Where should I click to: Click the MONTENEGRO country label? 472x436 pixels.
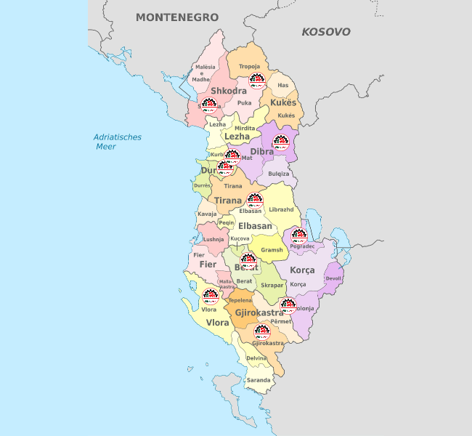(177, 17)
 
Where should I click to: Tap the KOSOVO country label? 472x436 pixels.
(326, 32)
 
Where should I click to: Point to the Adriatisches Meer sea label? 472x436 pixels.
(117, 142)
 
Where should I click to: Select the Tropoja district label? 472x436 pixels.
(249, 65)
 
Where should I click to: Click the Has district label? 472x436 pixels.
(283, 85)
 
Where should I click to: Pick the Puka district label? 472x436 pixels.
(244, 103)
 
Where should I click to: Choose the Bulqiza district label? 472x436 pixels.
(278, 174)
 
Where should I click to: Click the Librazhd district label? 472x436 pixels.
(281, 209)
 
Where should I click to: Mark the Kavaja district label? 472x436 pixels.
(207, 214)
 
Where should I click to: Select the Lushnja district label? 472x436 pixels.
(213, 239)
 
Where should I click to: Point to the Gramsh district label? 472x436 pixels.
(272, 250)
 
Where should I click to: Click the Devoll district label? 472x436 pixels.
(334, 278)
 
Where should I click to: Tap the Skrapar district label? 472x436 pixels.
(272, 286)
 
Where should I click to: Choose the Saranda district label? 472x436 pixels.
(259, 380)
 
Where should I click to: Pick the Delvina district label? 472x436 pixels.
(256, 358)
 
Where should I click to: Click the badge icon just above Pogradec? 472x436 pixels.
(298, 235)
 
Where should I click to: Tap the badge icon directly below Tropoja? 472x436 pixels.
(256, 80)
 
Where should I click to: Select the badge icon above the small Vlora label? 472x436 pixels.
(210, 296)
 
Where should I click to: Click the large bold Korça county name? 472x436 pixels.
(302, 270)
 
